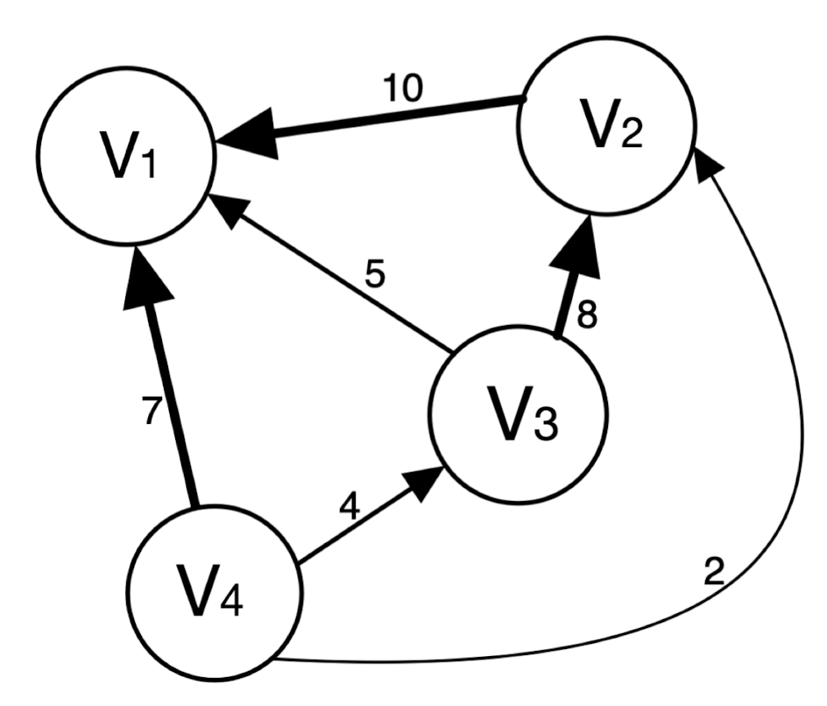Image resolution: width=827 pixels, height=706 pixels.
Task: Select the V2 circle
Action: (x=606, y=128)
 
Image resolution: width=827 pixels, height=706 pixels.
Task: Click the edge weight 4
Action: (x=349, y=509)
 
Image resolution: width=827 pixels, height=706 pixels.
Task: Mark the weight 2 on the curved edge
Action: (x=714, y=573)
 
